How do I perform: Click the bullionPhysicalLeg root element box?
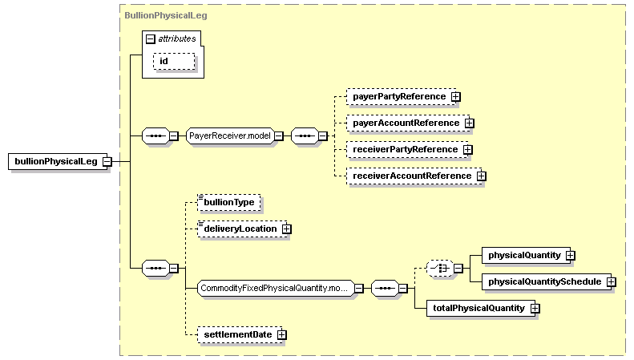click(58, 161)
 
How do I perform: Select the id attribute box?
click(174, 62)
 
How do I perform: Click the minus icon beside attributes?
click(151, 38)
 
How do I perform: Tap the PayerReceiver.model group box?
click(230, 136)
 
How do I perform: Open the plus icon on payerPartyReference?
click(456, 97)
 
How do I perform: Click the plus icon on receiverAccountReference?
click(481, 176)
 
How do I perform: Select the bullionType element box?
click(229, 203)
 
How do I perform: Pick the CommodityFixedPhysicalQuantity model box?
click(276, 289)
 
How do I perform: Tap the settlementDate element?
click(240, 335)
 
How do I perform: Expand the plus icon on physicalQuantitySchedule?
click(612, 282)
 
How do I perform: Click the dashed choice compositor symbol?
click(440, 268)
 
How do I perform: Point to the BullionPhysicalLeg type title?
click(166, 15)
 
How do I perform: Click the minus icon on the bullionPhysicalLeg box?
click(107, 162)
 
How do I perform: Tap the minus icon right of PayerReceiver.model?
click(279, 136)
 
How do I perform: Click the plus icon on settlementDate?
click(282, 335)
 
